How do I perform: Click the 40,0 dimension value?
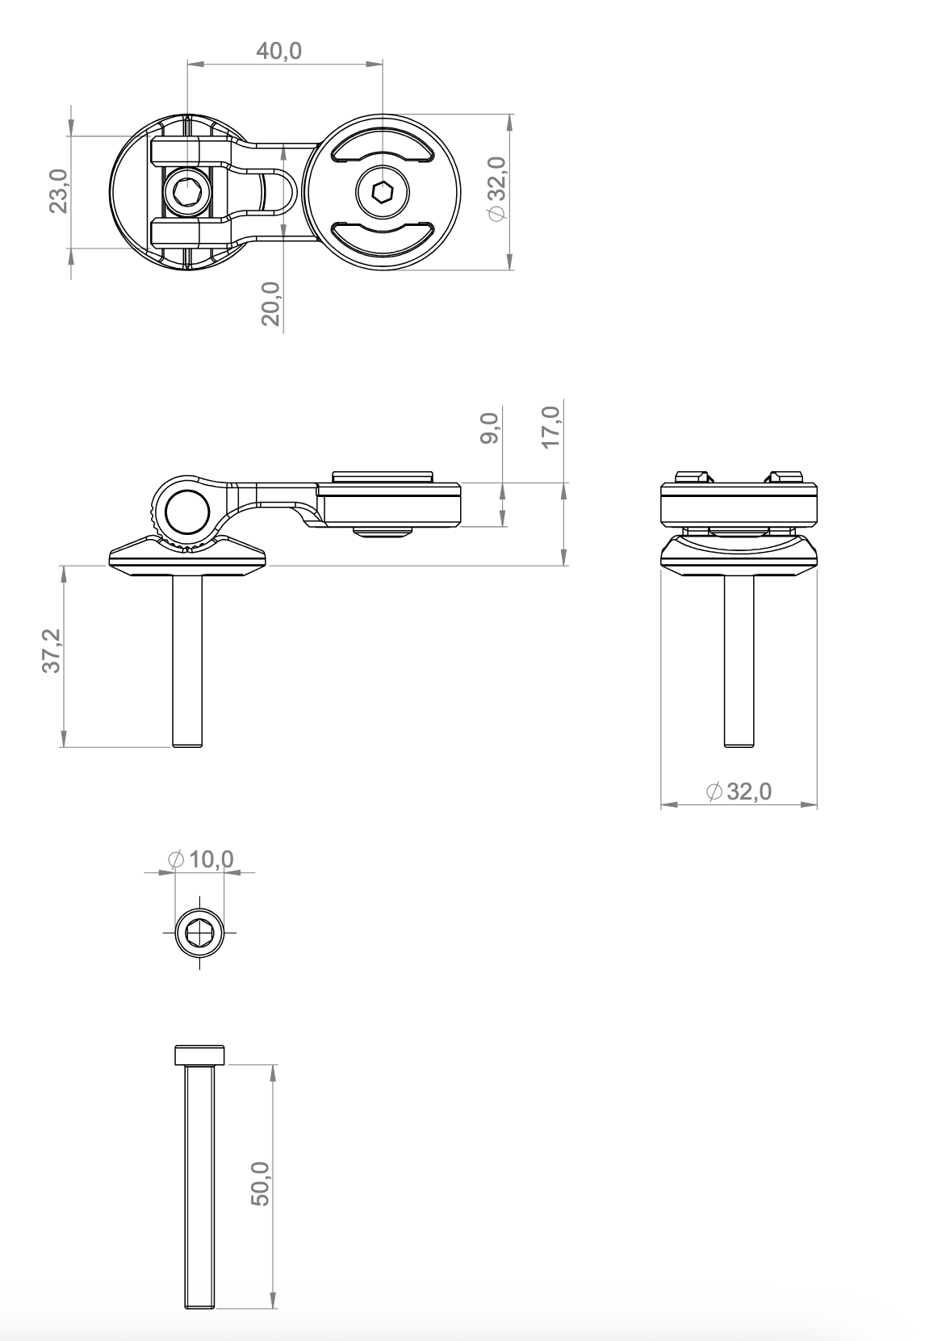pos(278,51)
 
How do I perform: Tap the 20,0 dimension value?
pos(271,303)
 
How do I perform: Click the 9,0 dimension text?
pos(489,428)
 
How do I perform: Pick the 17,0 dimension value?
pos(551,428)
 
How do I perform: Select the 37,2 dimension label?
pos(51,654)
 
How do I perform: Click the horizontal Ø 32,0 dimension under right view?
pos(739,792)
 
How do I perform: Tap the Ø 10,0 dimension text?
pos(201,859)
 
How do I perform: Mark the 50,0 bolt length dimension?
pos(261,1184)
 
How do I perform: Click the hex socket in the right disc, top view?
pos(383,193)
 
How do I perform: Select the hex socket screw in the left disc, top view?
pos(187,193)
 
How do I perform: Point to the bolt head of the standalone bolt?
pos(199,1055)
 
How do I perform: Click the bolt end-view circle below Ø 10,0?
pos(199,933)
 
